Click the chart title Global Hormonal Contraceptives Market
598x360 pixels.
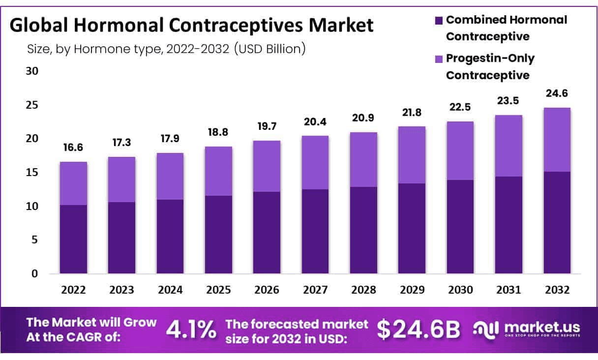coord(192,26)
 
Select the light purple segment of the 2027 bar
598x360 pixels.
coord(315,162)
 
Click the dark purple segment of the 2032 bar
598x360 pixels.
coord(557,222)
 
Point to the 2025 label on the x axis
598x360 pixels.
coord(219,290)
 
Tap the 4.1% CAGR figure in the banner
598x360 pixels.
coord(191,329)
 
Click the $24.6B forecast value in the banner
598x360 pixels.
coord(419,330)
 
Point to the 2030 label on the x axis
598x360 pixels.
coord(460,290)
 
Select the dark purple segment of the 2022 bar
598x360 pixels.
coord(74,239)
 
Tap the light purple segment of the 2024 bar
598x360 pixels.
coord(170,176)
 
